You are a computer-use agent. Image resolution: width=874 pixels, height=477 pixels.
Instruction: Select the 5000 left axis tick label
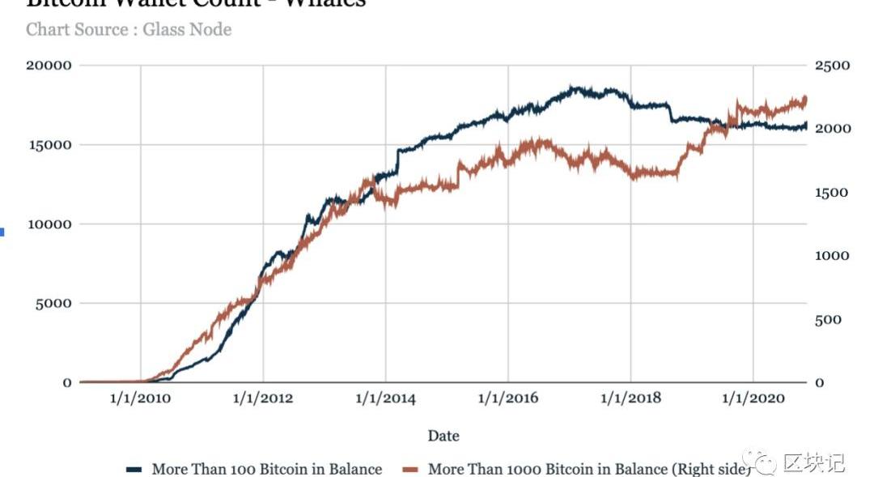coord(54,303)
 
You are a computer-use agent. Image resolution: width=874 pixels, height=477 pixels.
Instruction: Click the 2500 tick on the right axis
coord(833,65)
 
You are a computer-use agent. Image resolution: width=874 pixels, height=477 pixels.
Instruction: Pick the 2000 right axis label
coord(833,129)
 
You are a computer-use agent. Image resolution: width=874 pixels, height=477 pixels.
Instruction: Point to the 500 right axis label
coord(829,319)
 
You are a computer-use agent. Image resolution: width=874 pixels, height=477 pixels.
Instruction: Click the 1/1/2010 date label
coord(141,398)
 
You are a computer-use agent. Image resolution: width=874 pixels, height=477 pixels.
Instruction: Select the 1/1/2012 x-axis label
coord(263,398)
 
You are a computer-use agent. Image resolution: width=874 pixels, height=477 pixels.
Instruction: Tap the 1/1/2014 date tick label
coord(385,398)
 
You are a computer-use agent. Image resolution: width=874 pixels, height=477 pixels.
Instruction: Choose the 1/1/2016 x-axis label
coord(507,398)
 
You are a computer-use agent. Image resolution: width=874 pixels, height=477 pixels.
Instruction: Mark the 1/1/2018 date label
coord(630,398)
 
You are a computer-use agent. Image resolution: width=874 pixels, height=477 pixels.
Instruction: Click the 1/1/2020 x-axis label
coord(753,398)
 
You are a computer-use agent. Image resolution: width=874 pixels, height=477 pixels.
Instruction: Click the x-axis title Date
coord(443,436)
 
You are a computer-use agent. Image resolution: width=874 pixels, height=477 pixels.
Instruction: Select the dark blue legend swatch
coord(134,469)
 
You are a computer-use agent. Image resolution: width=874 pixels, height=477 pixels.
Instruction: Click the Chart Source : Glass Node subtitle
coord(129,30)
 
